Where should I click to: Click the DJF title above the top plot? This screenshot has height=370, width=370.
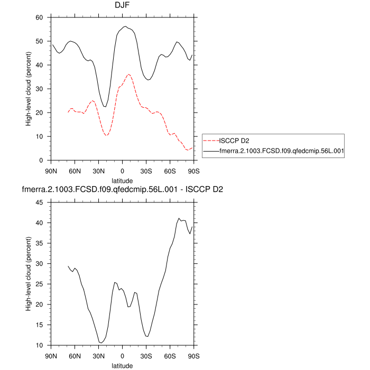point(122,6)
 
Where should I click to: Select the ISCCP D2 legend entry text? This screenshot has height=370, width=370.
point(235,141)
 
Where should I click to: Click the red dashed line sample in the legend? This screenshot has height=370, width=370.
point(210,141)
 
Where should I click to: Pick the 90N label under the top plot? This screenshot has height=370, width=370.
point(51,171)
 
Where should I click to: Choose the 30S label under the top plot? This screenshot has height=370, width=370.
point(146,171)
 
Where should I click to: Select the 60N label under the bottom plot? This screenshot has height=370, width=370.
point(75,356)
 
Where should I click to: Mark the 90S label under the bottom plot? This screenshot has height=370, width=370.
point(193,356)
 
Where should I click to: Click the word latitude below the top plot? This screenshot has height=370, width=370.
point(122,181)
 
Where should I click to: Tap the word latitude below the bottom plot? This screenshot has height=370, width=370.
point(122,365)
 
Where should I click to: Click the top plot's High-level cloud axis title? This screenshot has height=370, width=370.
point(29,89)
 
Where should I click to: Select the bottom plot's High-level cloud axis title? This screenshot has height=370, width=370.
point(29,274)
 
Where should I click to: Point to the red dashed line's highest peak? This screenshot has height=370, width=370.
point(128,74)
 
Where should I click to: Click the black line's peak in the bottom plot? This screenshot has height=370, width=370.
point(179,218)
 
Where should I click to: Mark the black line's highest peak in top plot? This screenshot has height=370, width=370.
point(125,26)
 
